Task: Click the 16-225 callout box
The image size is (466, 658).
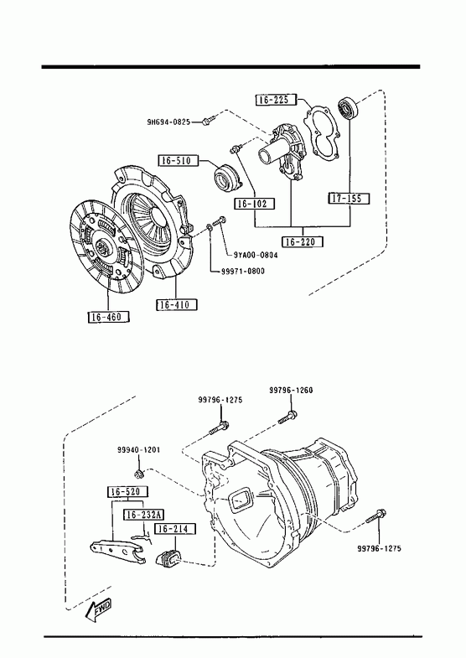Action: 276,100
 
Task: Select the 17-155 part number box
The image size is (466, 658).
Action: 349,199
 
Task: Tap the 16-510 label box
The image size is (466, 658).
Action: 178,160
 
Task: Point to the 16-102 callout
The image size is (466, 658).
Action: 254,204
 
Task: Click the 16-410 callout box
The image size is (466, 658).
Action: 177,304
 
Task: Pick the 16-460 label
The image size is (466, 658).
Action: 109,317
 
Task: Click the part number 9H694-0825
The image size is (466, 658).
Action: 168,122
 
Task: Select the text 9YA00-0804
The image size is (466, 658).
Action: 256,255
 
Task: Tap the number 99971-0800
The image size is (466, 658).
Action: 243,271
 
